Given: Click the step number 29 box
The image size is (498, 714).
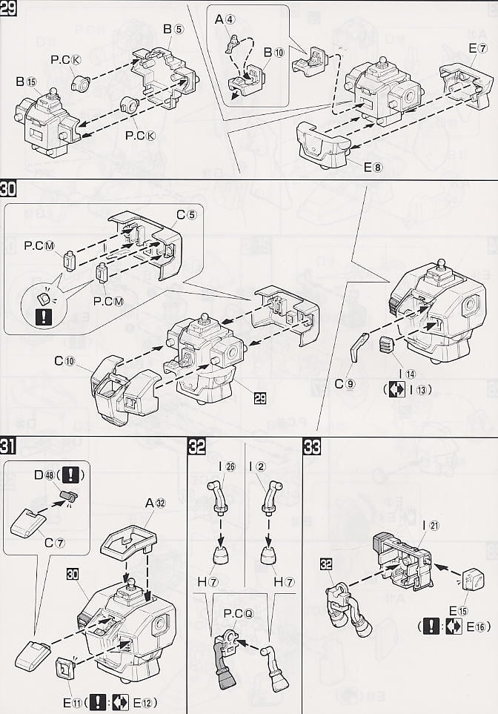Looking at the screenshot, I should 9,10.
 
